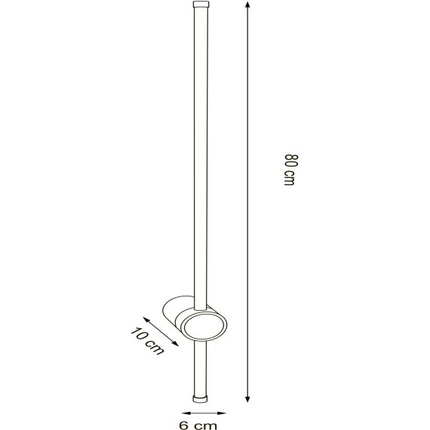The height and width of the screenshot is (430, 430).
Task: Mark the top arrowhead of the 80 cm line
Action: click(248, 5)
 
